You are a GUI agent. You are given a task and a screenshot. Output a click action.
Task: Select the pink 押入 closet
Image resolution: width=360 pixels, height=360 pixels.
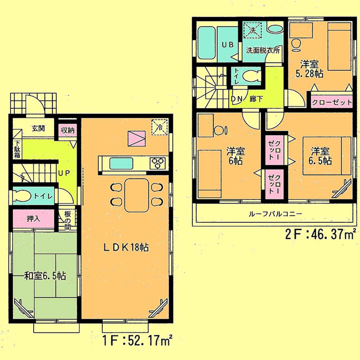33,219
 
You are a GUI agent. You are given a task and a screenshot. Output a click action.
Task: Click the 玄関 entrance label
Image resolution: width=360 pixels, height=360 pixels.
38,129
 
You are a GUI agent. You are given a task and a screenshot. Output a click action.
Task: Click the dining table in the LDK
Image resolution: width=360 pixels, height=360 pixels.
136,195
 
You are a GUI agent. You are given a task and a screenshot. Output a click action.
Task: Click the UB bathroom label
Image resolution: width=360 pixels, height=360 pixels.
227,45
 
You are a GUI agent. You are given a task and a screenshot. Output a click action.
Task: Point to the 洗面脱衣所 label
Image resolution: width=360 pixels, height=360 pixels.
262,51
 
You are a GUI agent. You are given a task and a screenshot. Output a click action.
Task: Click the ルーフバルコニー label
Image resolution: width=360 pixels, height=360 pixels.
275,214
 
